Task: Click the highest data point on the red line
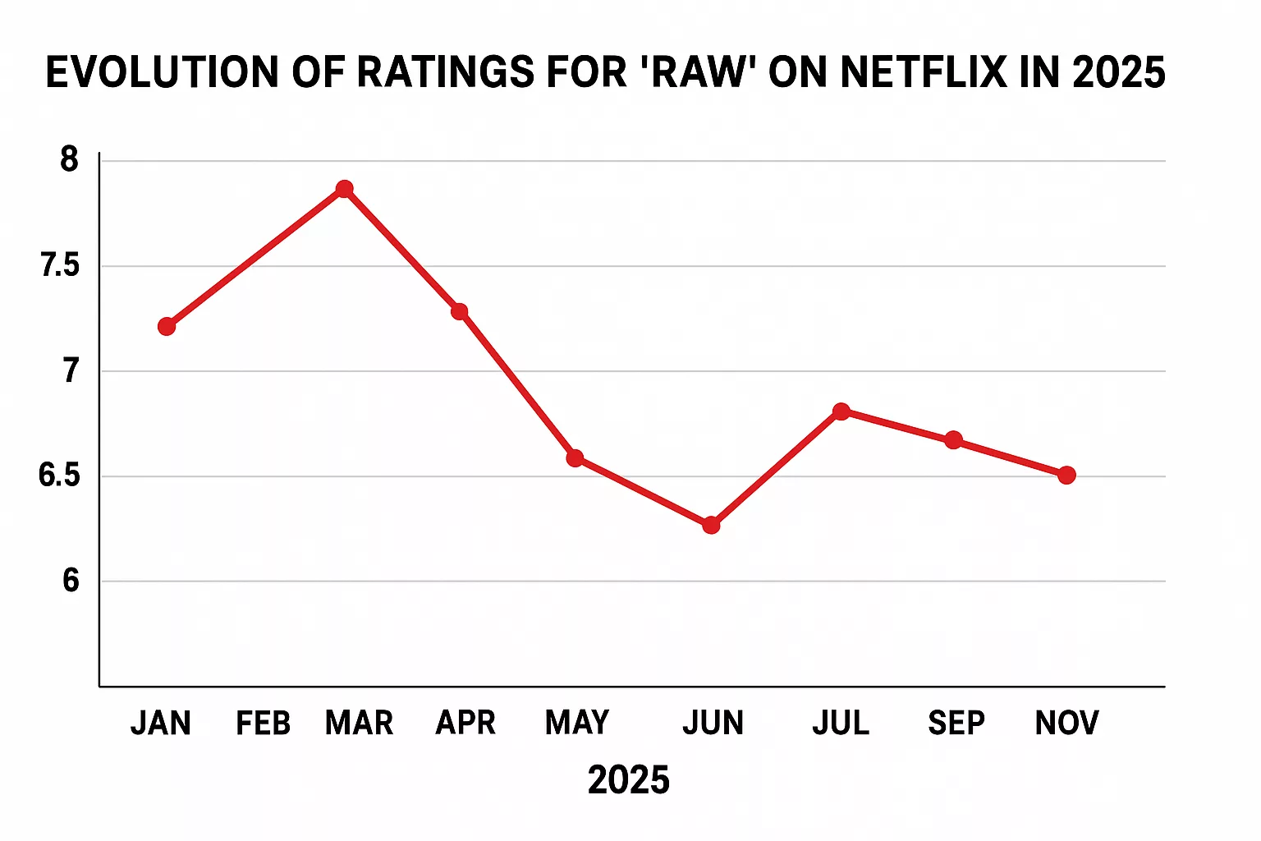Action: (345, 189)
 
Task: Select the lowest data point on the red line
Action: (711, 525)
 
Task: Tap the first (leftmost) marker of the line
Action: (167, 327)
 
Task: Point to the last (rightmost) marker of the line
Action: (1066, 475)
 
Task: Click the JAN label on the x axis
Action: (161, 724)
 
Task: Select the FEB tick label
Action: (264, 724)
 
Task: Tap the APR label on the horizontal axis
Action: (465, 724)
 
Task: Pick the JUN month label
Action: (713, 724)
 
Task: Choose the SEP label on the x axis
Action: (956, 724)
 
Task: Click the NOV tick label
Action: (1066, 724)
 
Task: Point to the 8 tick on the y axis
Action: (70, 159)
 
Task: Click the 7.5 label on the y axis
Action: (60, 265)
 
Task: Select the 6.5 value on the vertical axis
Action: (60, 476)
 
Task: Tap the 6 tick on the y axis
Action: (71, 581)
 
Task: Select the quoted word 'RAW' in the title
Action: (698, 72)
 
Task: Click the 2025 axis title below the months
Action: (629, 780)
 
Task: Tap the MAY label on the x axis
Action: (577, 724)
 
